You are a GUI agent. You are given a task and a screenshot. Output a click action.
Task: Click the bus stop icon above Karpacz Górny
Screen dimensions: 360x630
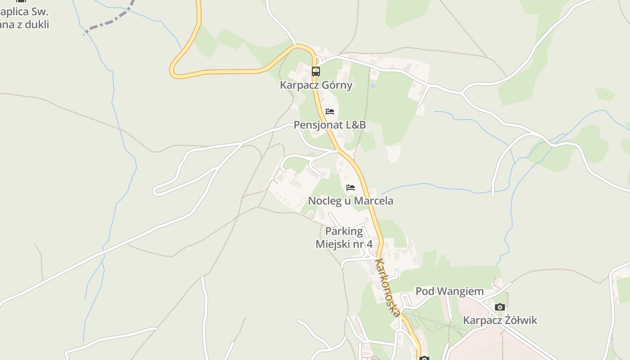coord(316,71)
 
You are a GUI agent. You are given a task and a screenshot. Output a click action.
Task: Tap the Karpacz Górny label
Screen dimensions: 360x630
coord(316,85)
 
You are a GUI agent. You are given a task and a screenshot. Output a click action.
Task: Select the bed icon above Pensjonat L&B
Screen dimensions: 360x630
coord(330,111)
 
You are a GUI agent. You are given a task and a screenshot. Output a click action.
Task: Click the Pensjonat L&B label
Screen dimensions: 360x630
coord(330,125)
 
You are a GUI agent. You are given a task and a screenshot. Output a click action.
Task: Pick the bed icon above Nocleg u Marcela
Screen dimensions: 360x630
coord(351,187)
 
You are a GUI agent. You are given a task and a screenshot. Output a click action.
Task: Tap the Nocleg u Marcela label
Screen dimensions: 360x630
coord(351,201)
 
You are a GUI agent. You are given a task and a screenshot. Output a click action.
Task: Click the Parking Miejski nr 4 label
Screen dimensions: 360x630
coord(344,238)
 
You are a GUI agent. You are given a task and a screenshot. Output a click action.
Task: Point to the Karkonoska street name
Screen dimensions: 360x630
coord(387,287)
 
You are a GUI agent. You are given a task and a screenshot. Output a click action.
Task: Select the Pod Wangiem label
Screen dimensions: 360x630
coord(450,291)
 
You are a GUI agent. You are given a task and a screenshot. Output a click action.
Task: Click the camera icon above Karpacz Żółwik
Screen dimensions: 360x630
coord(499,307)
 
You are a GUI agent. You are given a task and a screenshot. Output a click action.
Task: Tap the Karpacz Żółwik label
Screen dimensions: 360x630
coord(500,320)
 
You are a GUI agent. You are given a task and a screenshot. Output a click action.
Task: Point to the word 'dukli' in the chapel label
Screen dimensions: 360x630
coord(37,24)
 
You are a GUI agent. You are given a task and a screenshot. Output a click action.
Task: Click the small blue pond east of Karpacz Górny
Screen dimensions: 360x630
coord(373,85)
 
